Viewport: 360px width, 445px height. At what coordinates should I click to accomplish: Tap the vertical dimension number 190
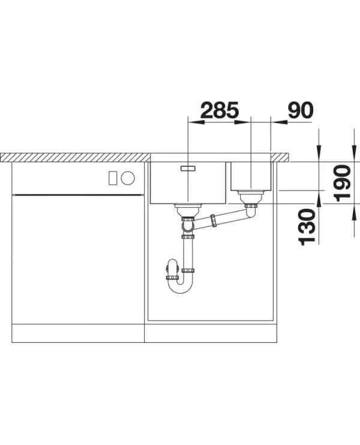point(343,183)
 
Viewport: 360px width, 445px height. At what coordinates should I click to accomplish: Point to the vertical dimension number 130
point(307,227)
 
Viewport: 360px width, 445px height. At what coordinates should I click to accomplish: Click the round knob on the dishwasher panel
point(128,178)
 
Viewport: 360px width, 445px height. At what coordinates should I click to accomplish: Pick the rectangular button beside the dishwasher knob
point(113,178)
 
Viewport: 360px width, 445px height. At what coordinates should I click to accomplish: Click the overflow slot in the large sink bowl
point(188,168)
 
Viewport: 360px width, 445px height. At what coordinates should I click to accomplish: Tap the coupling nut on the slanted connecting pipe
point(213,220)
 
